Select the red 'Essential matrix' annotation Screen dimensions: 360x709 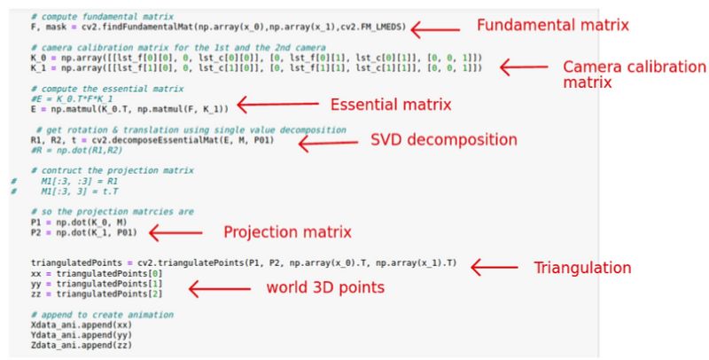(391, 105)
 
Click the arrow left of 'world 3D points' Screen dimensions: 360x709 (215, 288)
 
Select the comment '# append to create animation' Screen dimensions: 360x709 (101, 315)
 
